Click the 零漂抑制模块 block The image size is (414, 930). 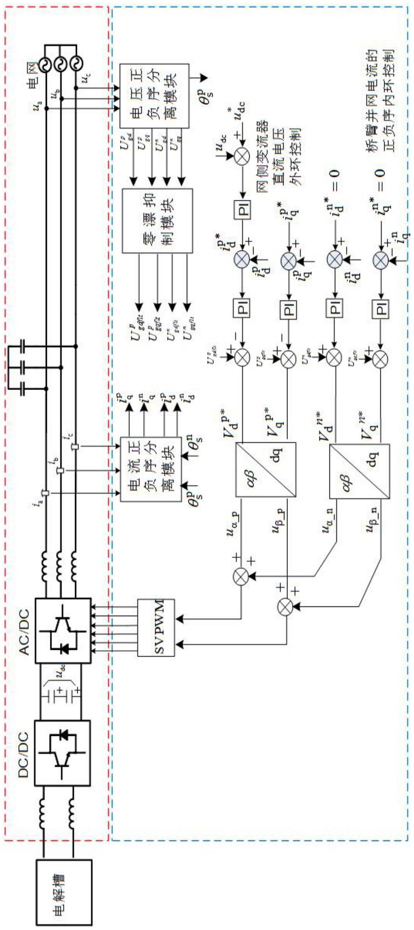pos(157,221)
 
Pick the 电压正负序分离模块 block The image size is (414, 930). pos(154,96)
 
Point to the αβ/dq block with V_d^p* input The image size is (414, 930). pos(266,469)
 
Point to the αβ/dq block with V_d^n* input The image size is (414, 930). pos(359,471)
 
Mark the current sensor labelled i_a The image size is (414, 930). pos(46,493)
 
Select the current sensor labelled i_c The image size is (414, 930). pos(75,447)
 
